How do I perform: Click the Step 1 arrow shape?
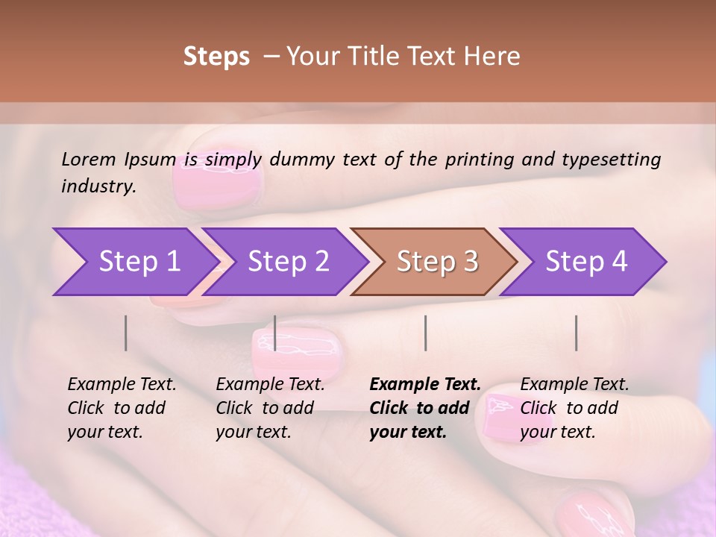134,262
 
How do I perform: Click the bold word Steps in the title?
216,57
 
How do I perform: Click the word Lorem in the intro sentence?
89,160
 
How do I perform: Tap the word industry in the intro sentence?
98,186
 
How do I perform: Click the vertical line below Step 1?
126,333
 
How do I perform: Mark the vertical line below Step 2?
275,333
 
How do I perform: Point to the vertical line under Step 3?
425,333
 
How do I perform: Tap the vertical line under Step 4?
576,333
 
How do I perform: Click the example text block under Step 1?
122,408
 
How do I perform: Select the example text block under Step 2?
270,408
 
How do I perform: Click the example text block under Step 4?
574,408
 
